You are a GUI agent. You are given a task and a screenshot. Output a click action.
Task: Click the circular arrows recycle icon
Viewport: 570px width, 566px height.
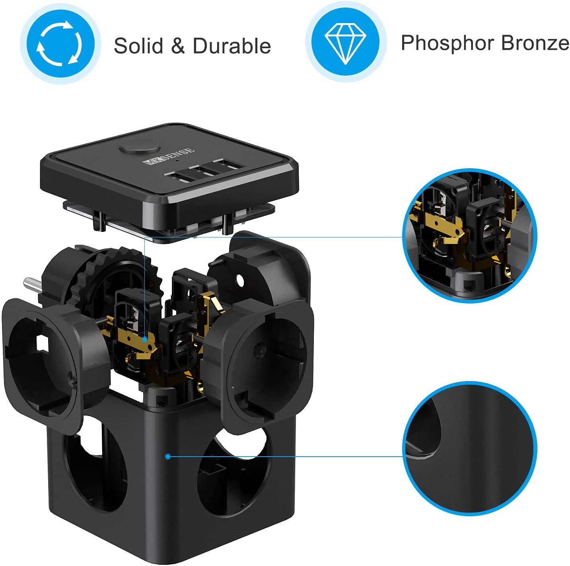(60, 43)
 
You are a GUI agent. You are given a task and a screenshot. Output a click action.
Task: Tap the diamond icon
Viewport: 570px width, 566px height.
(346, 43)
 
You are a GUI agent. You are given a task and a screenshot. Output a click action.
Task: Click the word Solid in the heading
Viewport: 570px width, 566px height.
(139, 46)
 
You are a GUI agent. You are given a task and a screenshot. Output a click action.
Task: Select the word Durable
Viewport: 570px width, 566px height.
(232, 46)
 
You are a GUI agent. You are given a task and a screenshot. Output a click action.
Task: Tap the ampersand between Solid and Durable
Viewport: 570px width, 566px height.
(178, 46)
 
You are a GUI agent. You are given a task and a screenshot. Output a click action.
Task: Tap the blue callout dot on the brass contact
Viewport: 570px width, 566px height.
(144, 339)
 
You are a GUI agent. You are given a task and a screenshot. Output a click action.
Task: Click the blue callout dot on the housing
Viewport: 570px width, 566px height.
(168, 457)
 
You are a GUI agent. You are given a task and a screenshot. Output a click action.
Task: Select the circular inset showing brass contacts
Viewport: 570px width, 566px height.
(470, 236)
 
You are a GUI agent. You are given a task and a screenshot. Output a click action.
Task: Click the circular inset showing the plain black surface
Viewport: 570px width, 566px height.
(470, 449)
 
